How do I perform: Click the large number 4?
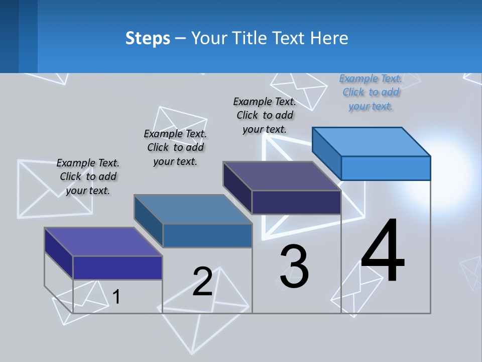pos(383,251)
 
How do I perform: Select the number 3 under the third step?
pos(294,266)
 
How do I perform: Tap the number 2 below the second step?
pos(202,281)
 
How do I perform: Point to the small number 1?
pos(116,297)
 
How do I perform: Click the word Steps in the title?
pos(148,38)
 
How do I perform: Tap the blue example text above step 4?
pos(371,92)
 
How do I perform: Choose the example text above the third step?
pos(265,115)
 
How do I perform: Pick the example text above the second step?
pos(175,147)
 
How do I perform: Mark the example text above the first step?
pos(88,176)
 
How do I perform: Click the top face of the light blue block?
pos(371,141)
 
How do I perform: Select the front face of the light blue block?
pos(386,168)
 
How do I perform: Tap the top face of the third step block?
pos(281,175)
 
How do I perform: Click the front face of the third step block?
pos(296,202)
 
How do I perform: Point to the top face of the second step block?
pos(192,209)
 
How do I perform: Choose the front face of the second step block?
pos(207,235)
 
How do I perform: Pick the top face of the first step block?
pos(103,241)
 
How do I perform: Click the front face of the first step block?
pos(117,267)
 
